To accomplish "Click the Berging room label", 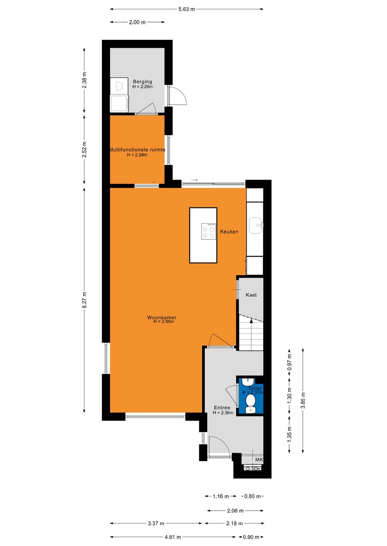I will point(142,82).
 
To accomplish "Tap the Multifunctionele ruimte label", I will point(137,150).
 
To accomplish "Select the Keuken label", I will point(229,231).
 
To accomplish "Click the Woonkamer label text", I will point(162,317).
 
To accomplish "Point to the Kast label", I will point(251,295).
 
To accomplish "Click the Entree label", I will point(222,408).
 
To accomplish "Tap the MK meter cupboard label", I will point(259,459).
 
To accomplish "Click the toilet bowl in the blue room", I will point(251,400).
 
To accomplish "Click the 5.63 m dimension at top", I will point(187,9).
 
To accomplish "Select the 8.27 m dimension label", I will point(85,300).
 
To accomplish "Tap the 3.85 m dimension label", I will point(303,400).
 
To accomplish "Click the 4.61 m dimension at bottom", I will point(173,537).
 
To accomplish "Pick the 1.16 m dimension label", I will point(220,496).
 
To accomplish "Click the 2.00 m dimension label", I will point(137,22).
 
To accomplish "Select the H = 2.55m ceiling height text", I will point(164,322).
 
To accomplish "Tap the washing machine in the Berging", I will point(119,103).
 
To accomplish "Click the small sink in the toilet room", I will point(248,381).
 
